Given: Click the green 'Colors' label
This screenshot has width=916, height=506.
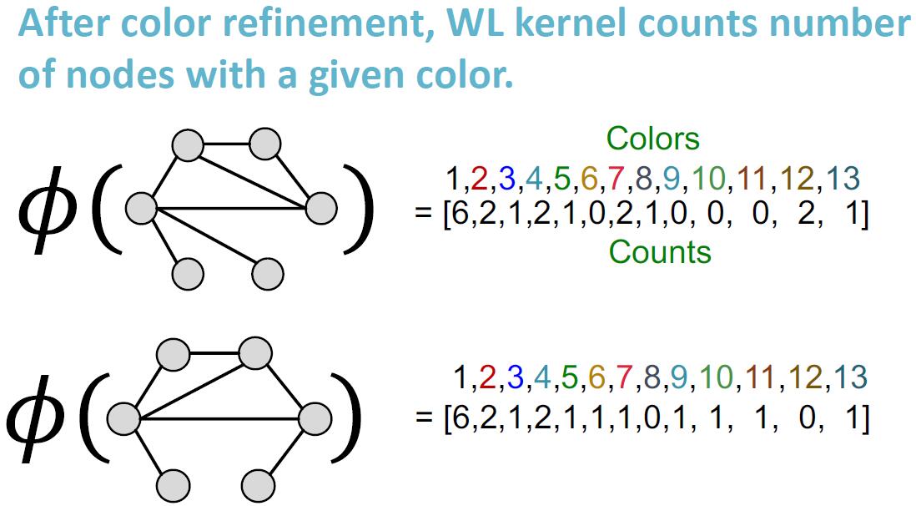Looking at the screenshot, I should pyautogui.click(x=653, y=138).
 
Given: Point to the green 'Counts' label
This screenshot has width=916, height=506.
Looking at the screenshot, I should pyautogui.click(x=660, y=251).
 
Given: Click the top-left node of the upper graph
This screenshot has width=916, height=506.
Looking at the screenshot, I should pyautogui.click(x=187, y=145).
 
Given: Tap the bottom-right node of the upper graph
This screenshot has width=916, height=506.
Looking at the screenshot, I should pyautogui.click(x=266, y=272).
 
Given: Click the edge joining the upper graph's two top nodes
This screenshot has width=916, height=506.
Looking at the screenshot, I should pyautogui.click(x=227, y=144).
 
